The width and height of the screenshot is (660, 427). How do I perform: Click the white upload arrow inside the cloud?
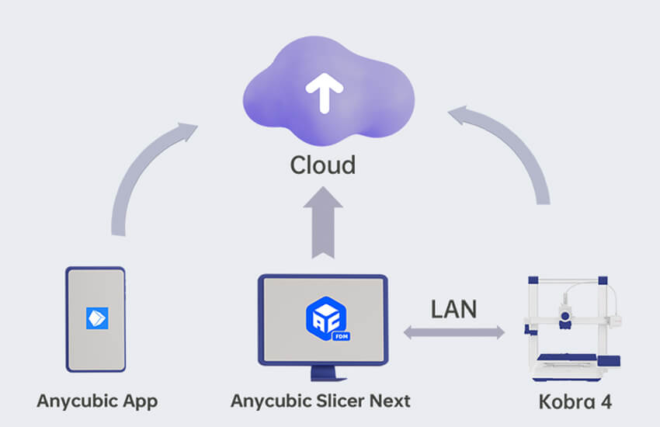tap(324, 93)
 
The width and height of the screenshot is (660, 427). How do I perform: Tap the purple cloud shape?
tap(328, 91)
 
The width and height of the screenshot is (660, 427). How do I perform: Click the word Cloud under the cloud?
tap(323, 165)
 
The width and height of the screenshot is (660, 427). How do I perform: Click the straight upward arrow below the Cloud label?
tap(323, 223)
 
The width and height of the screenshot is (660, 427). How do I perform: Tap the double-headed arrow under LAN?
tap(453, 332)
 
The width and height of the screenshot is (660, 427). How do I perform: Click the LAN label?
tap(453, 309)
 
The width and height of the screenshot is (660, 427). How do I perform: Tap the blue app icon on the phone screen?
tap(97, 318)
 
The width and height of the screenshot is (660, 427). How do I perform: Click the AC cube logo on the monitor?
tap(327, 318)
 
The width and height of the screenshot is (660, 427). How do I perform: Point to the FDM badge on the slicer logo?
tap(341, 336)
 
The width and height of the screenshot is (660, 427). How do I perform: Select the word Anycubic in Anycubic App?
tap(77, 401)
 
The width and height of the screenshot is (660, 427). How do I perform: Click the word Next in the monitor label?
tap(390, 401)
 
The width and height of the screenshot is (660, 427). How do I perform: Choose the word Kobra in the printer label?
tap(567, 401)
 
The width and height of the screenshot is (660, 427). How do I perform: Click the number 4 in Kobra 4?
tap(606, 401)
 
